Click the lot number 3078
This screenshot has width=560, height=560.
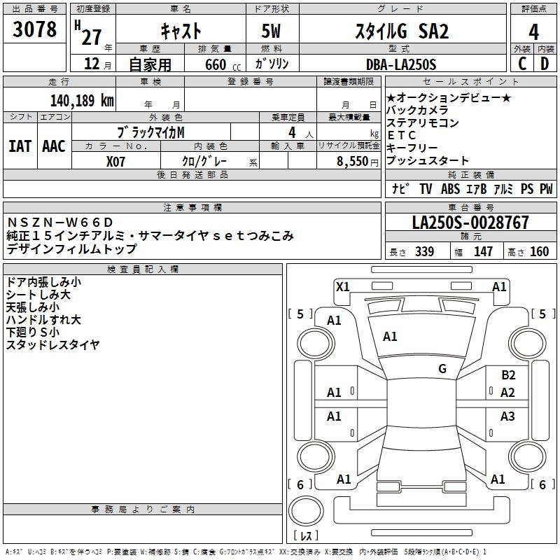[34, 30]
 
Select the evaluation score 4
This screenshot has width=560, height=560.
[533, 31]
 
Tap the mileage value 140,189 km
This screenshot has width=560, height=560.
[82, 100]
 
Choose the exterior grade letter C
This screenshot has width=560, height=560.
[522, 64]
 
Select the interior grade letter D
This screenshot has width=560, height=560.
[545, 64]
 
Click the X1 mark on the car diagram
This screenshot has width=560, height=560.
[343, 286]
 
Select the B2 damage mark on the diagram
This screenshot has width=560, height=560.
[508, 375]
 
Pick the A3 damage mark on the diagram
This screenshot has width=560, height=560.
[507, 416]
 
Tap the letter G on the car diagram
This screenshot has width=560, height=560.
[442, 369]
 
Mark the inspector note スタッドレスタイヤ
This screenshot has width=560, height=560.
[52, 344]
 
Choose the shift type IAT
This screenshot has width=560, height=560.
[20, 146]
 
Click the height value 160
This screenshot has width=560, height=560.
[540, 251]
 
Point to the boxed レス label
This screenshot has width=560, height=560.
[305, 536]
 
